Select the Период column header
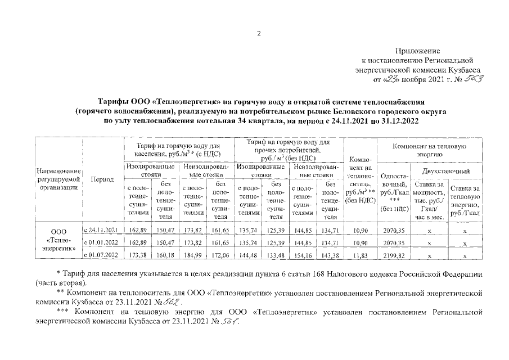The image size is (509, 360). (102, 179)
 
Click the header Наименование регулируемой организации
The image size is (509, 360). (58, 179)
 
